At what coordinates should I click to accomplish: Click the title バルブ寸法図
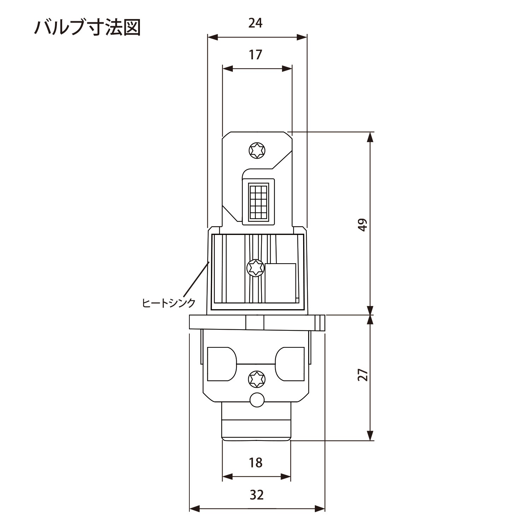tap(87, 27)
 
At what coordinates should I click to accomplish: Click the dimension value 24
tap(255, 23)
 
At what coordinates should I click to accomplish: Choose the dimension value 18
tap(255, 463)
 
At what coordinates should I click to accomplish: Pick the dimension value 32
tap(257, 495)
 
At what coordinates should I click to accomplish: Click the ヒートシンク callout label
tap(169, 303)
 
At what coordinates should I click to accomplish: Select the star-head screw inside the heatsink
tap(255, 268)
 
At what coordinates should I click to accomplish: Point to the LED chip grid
tap(258, 201)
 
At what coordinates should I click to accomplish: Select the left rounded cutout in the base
tap(221, 364)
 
